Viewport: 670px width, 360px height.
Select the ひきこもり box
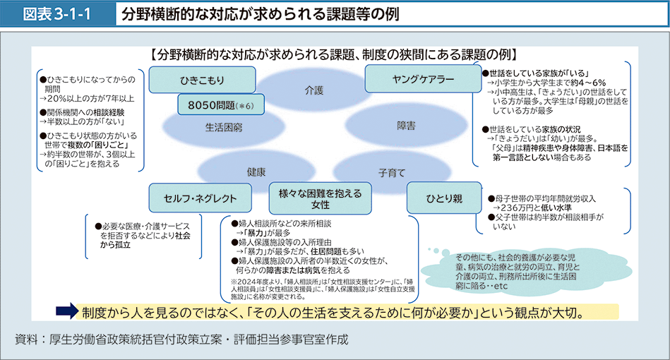coord(201,78)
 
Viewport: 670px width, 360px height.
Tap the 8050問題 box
coord(220,105)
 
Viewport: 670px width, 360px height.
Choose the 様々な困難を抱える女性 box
coord(320,198)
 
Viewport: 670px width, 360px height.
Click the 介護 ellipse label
coord(313,90)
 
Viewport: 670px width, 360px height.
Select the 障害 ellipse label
coord(405,125)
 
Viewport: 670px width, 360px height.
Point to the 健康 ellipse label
coord(256,172)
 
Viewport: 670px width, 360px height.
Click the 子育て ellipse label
coord(391,172)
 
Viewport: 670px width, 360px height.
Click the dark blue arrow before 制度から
coord(65,311)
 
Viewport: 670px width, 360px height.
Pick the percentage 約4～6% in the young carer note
coord(580,83)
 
